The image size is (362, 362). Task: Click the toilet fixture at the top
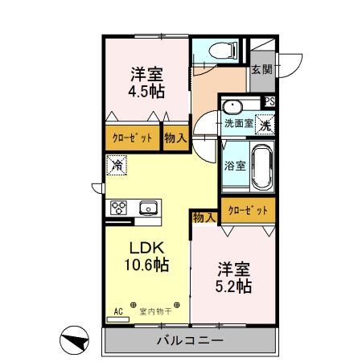tap(220, 51)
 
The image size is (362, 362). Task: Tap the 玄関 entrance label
tap(261, 70)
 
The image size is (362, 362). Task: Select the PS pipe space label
tap(269, 101)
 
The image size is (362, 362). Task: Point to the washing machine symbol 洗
tap(265, 124)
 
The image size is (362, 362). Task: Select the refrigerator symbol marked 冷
tap(117, 167)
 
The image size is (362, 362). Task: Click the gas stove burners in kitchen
tap(119, 208)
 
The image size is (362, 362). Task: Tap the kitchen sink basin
tap(149, 209)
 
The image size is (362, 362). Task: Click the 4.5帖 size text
tap(147, 89)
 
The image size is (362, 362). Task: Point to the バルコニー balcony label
tap(188, 341)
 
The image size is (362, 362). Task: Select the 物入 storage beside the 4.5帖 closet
tap(175, 138)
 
